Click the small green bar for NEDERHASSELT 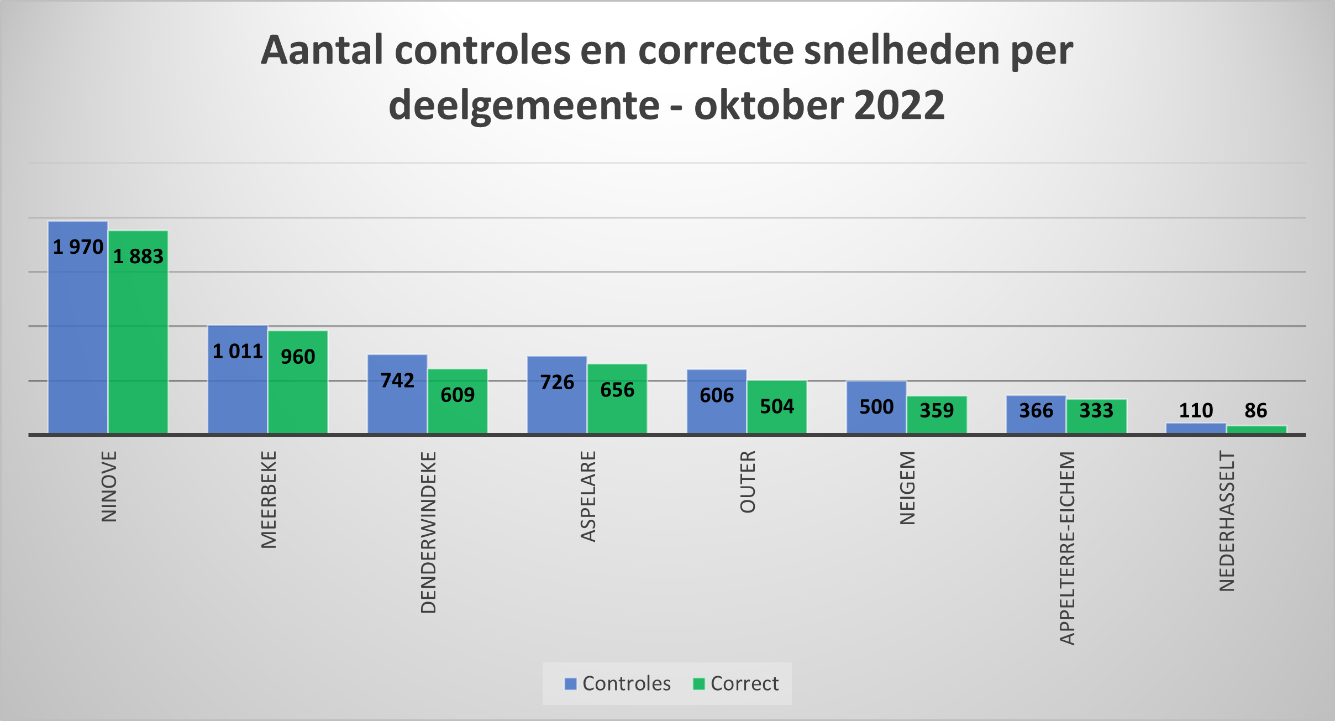(x=1256, y=430)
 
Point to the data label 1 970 (x=78, y=247)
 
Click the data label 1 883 (x=138, y=257)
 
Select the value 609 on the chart (x=458, y=395)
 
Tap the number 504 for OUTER (x=777, y=407)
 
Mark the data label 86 (x=1255, y=411)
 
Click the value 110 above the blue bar (x=1196, y=411)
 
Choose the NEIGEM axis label (x=908, y=488)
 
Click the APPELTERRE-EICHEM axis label (x=1068, y=548)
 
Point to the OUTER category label (x=748, y=482)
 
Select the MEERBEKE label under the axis (x=269, y=499)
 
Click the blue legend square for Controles (x=570, y=684)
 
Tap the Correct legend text (x=744, y=684)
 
